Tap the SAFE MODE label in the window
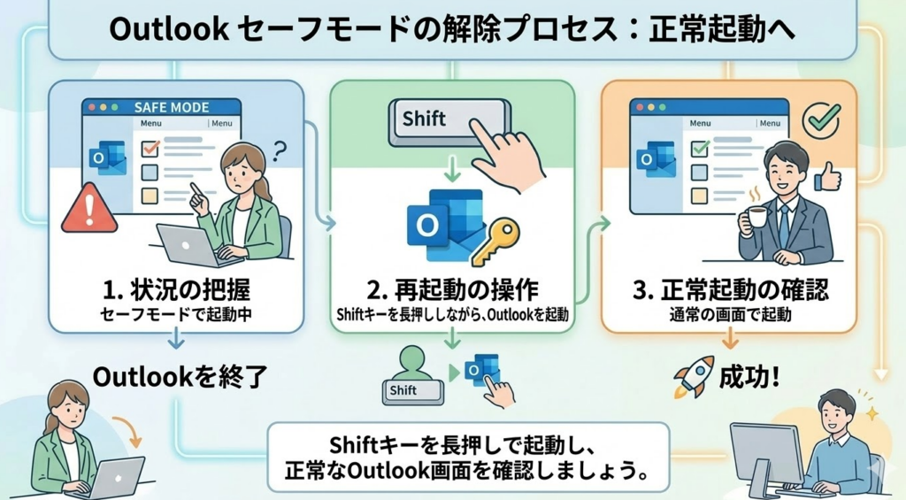pyautogui.click(x=172, y=107)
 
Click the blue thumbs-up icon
pyautogui.click(x=827, y=178)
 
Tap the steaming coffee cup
pyautogui.click(x=753, y=218)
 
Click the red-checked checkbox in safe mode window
pyautogui.click(x=150, y=146)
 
